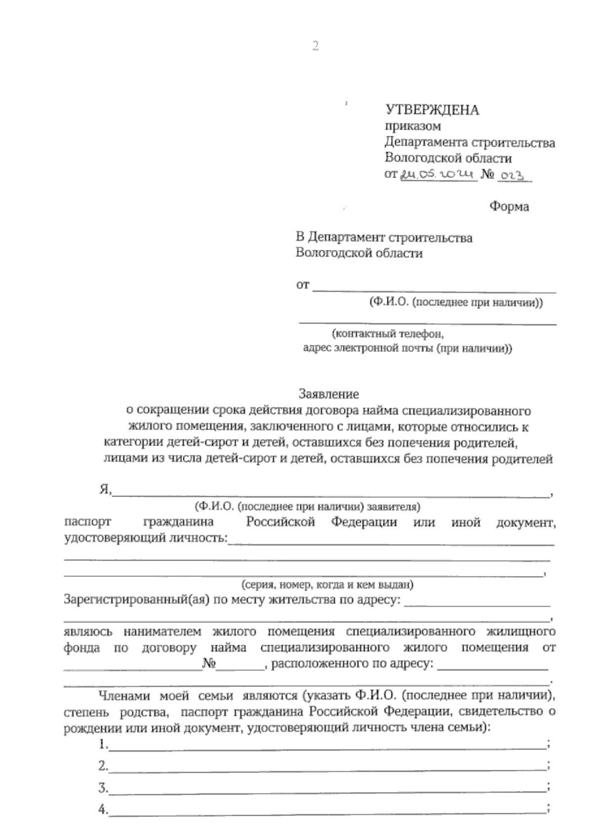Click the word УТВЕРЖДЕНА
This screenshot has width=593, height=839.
pyautogui.click(x=432, y=110)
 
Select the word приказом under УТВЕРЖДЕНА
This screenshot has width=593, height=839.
pyautogui.click(x=413, y=127)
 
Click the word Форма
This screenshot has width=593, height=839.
pyautogui.click(x=509, y=207)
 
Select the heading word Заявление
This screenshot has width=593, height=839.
pyautogui.click(x=328, y=394)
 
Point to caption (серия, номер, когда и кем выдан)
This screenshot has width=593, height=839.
pyautogui.click(x=327, y=585)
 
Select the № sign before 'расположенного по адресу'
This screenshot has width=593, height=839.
pyautogui.click(x=210, y=664)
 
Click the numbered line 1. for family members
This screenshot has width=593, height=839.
pyautogui.click(x=326, y=745)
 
